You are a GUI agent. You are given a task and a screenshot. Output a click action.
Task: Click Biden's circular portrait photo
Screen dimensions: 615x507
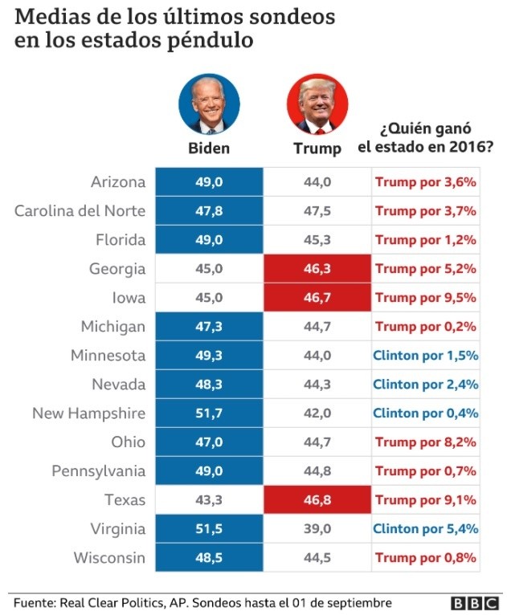tap(209, 105)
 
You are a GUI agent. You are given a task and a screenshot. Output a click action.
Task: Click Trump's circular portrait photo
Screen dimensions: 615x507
tap(317, 105)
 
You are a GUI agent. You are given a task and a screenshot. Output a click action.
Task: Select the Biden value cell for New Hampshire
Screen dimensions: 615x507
tap(209, 413)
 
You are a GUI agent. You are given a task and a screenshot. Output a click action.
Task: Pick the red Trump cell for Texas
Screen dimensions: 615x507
tap(317, 500)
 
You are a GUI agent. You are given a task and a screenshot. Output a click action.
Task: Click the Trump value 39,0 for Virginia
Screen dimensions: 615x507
tap(317, 529)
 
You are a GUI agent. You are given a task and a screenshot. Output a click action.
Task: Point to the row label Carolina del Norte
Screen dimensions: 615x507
tap(80, 211)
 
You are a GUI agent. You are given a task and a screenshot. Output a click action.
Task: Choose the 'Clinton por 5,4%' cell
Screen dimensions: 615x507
tap(426, 529)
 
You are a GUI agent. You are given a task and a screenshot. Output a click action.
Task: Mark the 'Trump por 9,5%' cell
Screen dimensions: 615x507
tap(426, 298)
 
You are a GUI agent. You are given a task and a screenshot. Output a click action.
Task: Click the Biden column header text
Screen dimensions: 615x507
tap(209, 148)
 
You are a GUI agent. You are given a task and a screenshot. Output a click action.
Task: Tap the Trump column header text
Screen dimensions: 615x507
tap(317, 149)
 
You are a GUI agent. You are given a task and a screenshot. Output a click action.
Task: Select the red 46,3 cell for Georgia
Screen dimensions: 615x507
tap(317, 269)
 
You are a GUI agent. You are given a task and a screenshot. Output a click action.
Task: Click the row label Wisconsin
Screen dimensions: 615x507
tap(109, 558)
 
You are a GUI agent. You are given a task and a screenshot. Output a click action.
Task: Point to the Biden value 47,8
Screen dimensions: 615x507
tap(209, 211)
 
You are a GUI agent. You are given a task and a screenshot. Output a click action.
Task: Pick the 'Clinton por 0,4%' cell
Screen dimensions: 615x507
tap(426, 413)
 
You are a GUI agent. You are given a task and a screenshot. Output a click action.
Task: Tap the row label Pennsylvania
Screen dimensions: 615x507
tap(98, 471)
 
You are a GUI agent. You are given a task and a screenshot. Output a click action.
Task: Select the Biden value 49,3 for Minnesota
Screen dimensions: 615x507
tap(209, 356)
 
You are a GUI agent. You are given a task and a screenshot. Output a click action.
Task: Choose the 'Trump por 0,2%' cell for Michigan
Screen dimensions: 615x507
tap(426, 327)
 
